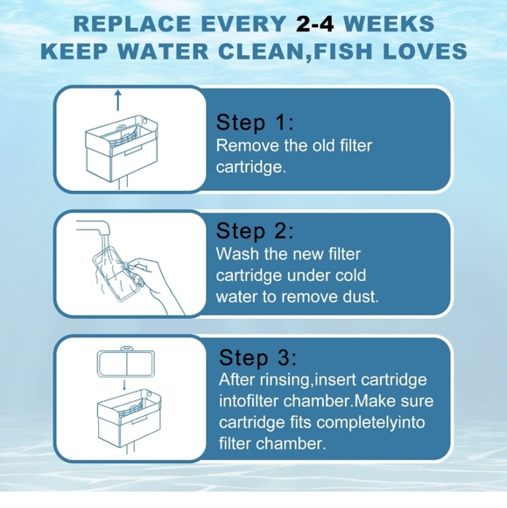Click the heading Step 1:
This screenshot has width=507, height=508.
pyautogui.click(x=255, y=122)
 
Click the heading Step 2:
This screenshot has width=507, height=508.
pyautogui.click(x=255, y=231)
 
